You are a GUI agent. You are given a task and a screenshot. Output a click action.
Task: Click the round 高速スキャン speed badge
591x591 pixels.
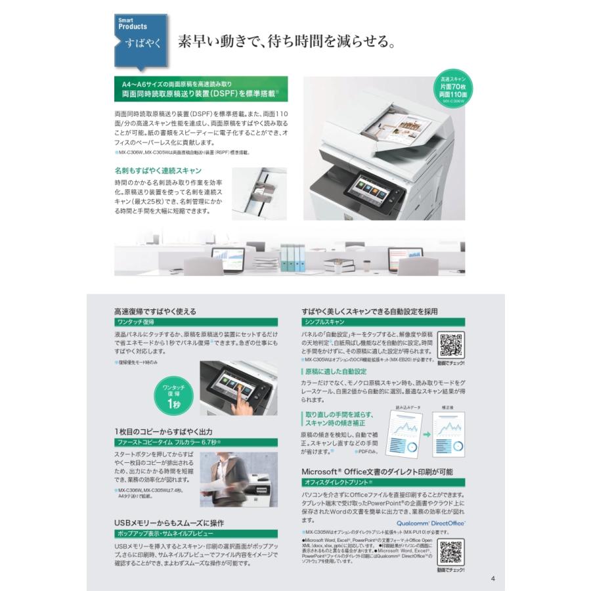(x=454, y=89)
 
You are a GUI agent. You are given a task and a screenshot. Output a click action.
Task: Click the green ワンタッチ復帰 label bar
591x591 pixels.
(x=196, y=323)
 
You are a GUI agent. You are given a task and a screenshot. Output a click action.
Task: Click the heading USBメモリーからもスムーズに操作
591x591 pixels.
(x=169, y=523)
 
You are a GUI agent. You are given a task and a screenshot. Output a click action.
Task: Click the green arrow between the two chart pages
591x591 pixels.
(x=425, y=435)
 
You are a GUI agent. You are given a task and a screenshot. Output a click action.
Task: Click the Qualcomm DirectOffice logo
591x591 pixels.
(x=431, y=523)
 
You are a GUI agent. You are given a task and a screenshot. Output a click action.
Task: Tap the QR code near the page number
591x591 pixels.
(x=451, y=553)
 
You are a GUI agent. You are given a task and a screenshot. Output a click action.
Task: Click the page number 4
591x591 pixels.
(x=492, y=579)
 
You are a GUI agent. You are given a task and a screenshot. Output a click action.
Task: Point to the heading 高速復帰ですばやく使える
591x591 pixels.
(x=155, y=311)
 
